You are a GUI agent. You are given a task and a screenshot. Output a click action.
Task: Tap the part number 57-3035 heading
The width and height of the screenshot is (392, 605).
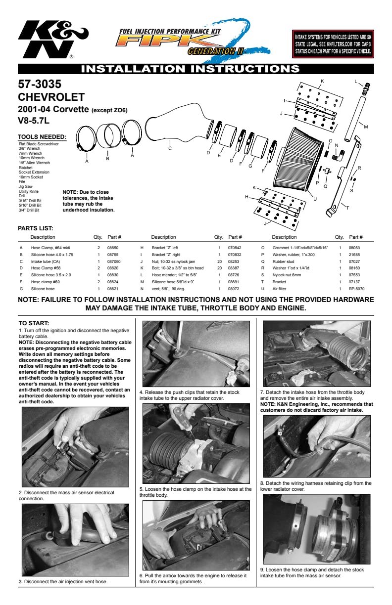(x=40, y=85)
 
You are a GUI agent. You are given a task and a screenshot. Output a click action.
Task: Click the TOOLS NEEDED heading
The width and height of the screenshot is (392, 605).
(x=42, y=137)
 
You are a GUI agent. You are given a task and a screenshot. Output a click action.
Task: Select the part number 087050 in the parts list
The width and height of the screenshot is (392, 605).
(x=114, y=261)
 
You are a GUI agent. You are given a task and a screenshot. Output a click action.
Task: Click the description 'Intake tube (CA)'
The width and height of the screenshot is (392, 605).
(x=46, y=261)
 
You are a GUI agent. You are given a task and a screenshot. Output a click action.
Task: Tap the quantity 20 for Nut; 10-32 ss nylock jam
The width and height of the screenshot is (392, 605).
(x=218, y=261)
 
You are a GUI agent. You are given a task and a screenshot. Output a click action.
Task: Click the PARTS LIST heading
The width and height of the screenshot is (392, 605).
(x=36, y=228)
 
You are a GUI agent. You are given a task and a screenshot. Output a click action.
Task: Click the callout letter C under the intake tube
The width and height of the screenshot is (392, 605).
(x=170, y=148)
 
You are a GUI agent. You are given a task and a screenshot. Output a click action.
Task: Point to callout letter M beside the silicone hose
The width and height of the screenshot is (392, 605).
(x=366, y=127)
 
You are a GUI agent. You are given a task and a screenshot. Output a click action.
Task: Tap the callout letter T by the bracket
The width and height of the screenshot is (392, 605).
(x=347, y=208)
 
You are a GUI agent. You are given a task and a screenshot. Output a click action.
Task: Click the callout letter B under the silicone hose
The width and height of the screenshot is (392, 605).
(x=107, y=159)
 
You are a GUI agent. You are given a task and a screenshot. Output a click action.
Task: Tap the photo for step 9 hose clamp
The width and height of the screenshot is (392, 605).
(x=316, y=529)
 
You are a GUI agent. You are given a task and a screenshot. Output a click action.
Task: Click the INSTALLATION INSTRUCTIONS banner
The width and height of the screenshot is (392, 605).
(x=196, y=69)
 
